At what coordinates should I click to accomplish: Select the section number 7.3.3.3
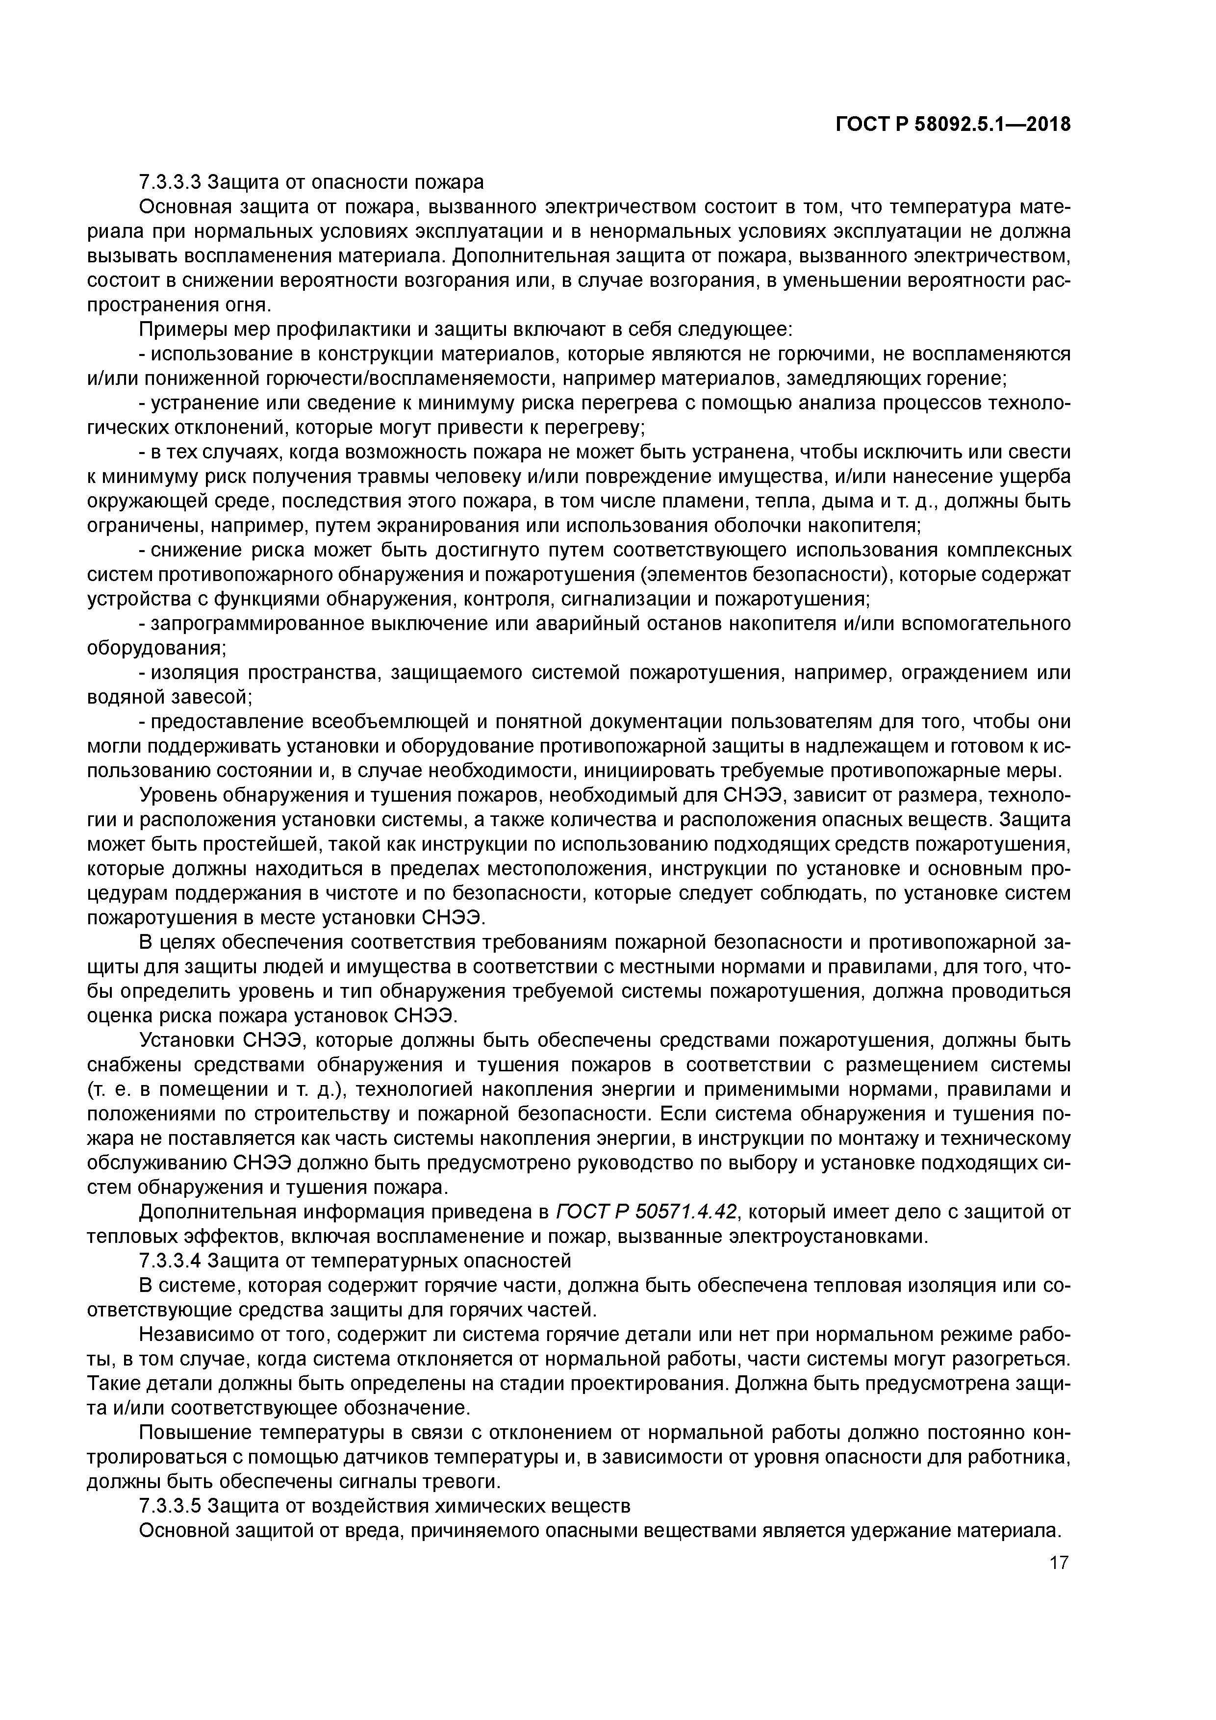tap(170, 182)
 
